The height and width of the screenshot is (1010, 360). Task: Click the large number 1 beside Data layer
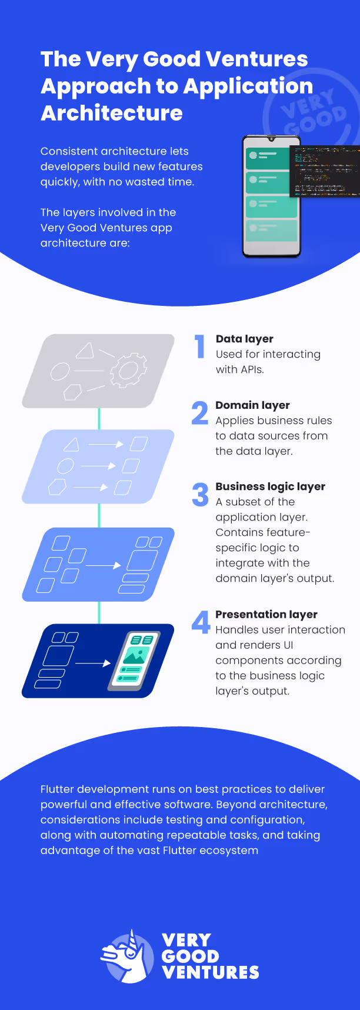[200, 346]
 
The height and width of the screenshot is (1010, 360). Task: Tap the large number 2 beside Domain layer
[200, 412]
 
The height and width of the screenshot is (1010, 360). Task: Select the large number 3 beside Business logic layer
[200, 494]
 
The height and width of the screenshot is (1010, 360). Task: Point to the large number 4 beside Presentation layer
[201, 622]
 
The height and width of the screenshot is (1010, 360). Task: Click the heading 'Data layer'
[244, 339]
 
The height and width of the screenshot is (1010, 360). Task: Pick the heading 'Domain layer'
[252, 405]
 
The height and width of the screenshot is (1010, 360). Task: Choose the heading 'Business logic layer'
[270, 486]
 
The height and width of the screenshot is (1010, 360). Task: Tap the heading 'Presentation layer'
[266, 614]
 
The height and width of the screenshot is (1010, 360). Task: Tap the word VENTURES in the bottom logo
[210, 972]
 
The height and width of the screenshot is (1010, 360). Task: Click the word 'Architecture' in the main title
[112, 113]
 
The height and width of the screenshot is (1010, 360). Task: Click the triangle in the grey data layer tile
[85, 351]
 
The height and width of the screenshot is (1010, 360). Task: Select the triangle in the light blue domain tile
[71, 445]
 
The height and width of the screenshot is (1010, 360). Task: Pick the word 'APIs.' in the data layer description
[252, 369]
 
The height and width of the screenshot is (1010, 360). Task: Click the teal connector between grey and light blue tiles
[99, 418]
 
